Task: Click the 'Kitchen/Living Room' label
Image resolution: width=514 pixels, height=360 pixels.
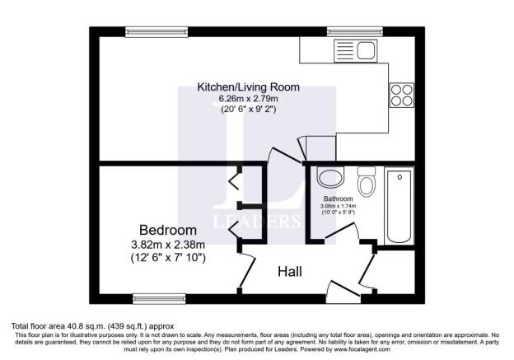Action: pos(248,86)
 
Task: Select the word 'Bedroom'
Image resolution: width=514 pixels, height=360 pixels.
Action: pos(167,230)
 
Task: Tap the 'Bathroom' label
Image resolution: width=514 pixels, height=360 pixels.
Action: pos(338,199)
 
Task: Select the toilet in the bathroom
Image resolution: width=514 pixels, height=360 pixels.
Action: pos(367,182)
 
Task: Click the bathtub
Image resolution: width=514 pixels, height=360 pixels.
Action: pos(400,205)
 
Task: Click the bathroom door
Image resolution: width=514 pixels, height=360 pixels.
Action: pos(340,233)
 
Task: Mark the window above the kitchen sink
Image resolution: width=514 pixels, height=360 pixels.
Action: pos(354,31)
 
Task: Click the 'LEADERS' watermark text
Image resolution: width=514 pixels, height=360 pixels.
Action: pos(257,221)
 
